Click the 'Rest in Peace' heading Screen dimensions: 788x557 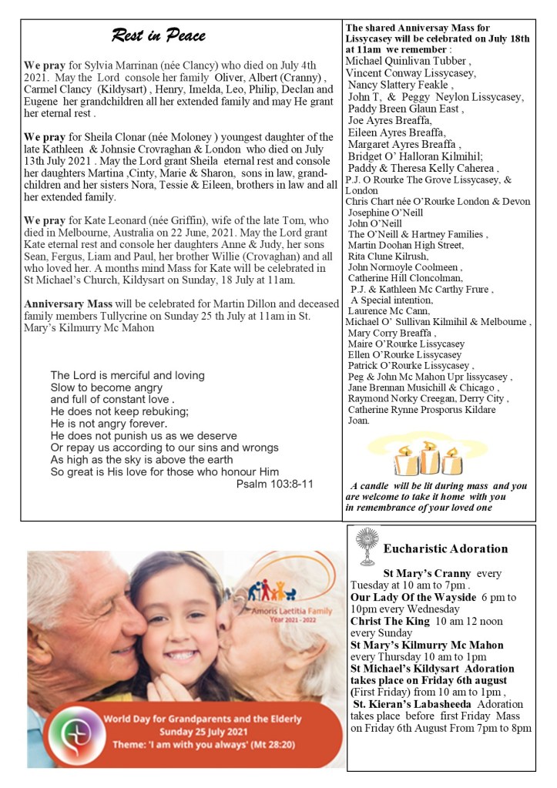tap(159, 35)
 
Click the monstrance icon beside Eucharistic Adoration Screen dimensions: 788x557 tap(366, 547)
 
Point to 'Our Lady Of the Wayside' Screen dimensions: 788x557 tap(414, 598)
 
